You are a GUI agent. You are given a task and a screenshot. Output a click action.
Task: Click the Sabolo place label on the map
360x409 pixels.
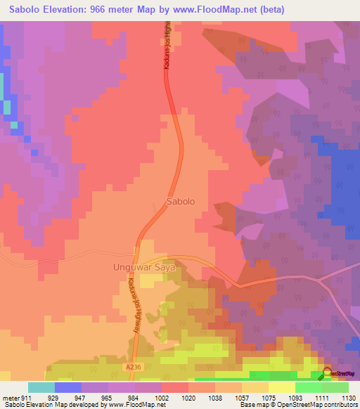point(181,202)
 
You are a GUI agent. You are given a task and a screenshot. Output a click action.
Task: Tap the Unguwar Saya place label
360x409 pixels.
point(143,267)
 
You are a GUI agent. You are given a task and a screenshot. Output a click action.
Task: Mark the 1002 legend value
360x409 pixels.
point(162,398)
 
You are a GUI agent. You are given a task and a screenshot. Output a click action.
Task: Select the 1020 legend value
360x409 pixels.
point(187,398)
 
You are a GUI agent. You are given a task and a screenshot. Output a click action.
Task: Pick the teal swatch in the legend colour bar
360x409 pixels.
point(41,387)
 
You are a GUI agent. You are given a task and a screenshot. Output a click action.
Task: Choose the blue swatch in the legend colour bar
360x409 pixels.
point(68,387)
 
